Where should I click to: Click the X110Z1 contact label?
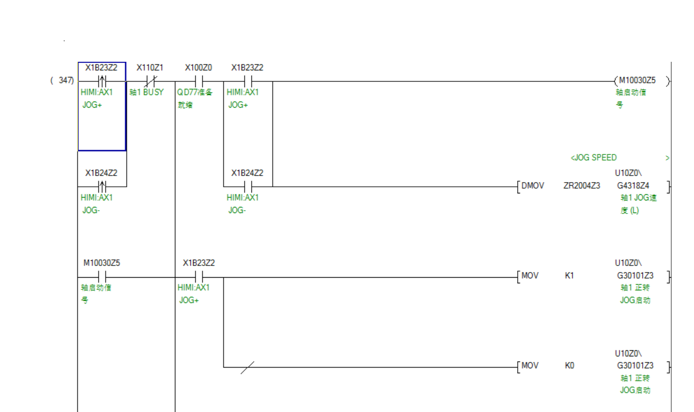pos(150,68)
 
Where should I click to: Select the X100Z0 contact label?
pos(198,68)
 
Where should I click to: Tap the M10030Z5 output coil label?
pos(637,81)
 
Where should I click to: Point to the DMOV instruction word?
pos(533,186)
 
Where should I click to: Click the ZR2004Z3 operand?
pos(581,186)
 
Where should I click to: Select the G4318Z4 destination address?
pos(633,186)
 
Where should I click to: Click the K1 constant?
pos(569,276)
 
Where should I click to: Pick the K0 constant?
pos(569,366)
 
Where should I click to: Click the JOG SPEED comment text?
pos(593,158)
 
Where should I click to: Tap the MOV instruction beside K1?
pos(530,276)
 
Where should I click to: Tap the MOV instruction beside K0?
pos(530,366)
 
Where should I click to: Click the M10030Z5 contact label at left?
pos(102,263)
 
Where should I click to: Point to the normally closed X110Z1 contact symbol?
pos(151,81)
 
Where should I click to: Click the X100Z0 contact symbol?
pos(199,81)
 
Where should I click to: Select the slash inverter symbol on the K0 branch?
pos(247,368)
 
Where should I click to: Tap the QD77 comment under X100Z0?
pos(194,93)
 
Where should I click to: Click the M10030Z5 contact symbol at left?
pos(102,277)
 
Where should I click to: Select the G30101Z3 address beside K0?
pos(635,366)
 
